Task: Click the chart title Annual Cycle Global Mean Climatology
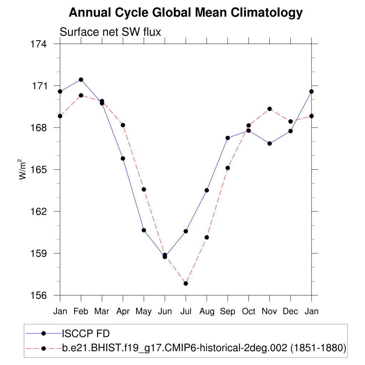tap(185, 13)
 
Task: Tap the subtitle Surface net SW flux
tap(110, 32)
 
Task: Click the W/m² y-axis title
tap(23, 169)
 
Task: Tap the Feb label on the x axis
tap(81, 312)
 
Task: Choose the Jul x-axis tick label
tap(186, 312)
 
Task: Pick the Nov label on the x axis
tap(269, 312)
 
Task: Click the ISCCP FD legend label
tap(86, 334)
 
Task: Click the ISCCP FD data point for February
tap(81, 79)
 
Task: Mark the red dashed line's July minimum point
tap(186, 283)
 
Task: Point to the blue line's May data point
tap(144, 230)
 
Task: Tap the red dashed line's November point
tap(269, 109)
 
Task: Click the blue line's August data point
tap(207, 190)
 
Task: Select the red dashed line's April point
tap(123, 125)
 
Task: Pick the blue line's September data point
tap(228, 138)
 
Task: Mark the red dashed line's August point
tap(207, 237)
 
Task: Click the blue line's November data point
tap(269, 144)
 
